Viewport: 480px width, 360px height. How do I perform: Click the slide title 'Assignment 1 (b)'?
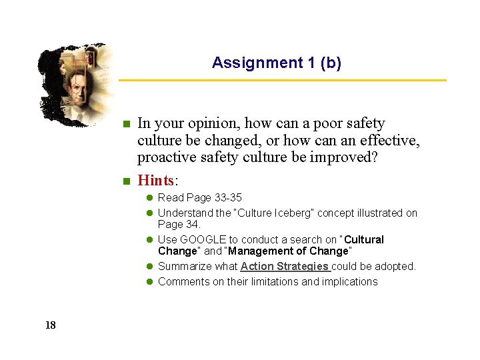point(276,63)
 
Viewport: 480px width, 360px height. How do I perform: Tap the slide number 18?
point(51,325)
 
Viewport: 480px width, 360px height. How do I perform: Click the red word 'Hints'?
point(155,181)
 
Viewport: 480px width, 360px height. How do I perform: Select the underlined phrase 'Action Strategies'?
point(285,267)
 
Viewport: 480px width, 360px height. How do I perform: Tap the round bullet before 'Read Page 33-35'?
point(150,198)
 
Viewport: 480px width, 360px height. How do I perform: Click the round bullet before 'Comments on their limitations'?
point(150,282)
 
